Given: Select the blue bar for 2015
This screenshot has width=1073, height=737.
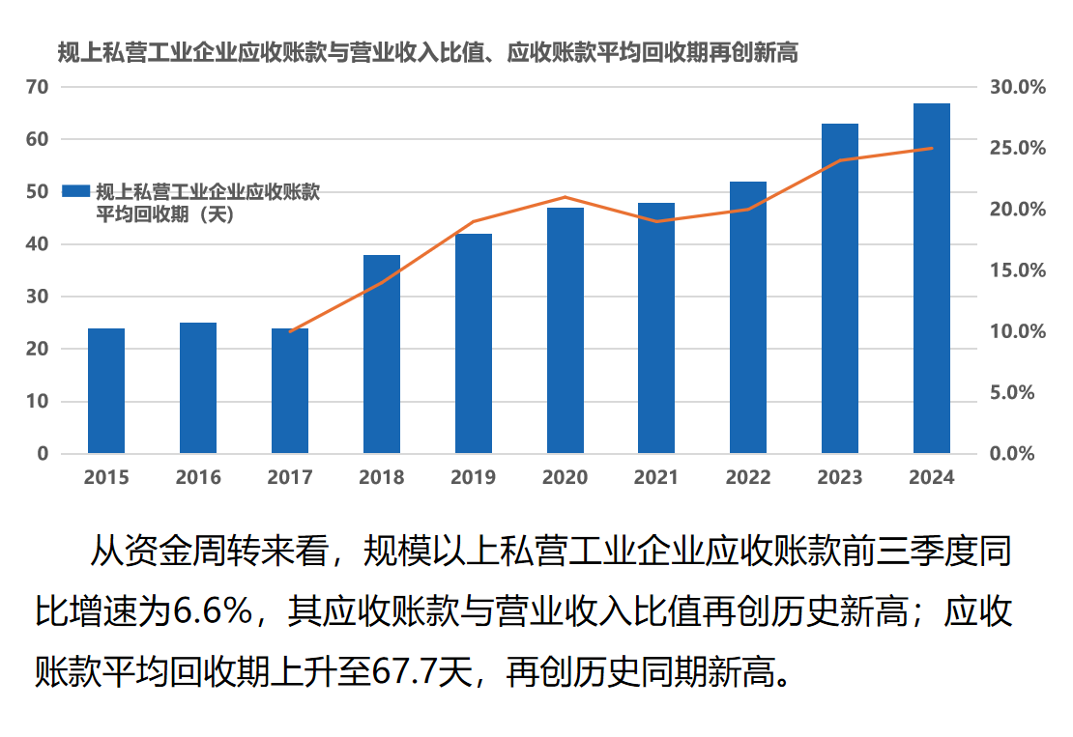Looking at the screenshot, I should coord(106,391).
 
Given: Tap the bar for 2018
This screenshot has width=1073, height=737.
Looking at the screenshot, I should coord(382,354).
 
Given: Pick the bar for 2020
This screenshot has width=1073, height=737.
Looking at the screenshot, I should coord(565,330).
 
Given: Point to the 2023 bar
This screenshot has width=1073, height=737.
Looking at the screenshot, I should coord(840,289).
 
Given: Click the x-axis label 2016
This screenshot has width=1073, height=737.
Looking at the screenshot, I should coord(198,477).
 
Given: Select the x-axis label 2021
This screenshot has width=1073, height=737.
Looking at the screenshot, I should coord(656,477).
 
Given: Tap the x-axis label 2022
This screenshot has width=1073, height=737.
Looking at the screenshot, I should coord(748,477).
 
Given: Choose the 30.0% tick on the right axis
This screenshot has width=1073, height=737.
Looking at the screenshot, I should coord(1018,87).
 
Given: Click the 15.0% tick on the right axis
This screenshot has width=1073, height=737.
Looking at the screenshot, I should coord(1018,270).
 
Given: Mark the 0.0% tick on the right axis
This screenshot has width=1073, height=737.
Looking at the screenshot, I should coord(1018,453).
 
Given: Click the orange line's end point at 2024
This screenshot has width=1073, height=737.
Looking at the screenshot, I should coord(932,149).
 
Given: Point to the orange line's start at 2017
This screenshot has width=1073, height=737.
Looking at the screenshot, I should coord(290,331).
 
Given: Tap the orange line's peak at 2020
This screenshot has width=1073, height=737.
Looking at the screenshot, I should coord(565,197).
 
